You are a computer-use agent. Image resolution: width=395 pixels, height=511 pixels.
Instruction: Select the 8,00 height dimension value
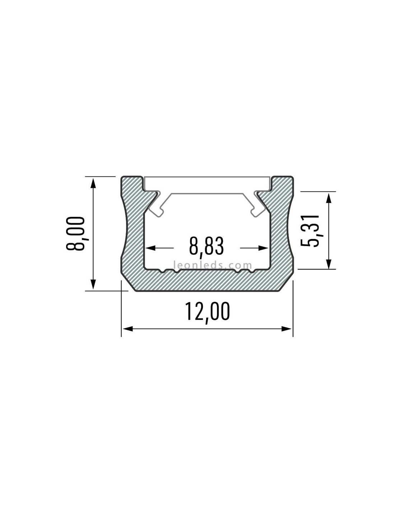(75, 234)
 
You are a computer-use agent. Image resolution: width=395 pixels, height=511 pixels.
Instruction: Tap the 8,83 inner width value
(206, 246)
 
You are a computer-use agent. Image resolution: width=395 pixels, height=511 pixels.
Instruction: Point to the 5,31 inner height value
(310, 231)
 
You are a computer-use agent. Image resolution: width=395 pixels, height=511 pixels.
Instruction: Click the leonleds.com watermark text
(213, 266)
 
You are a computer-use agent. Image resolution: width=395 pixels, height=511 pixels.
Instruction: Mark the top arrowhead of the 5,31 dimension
(329, 198)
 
